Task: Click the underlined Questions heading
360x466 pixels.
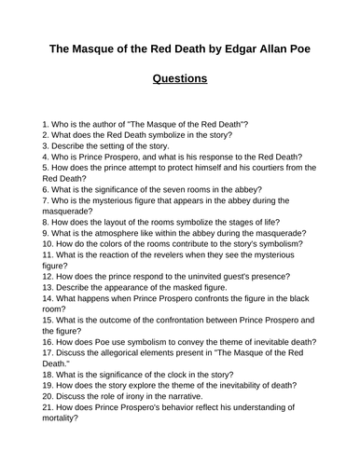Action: click(180, 78)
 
